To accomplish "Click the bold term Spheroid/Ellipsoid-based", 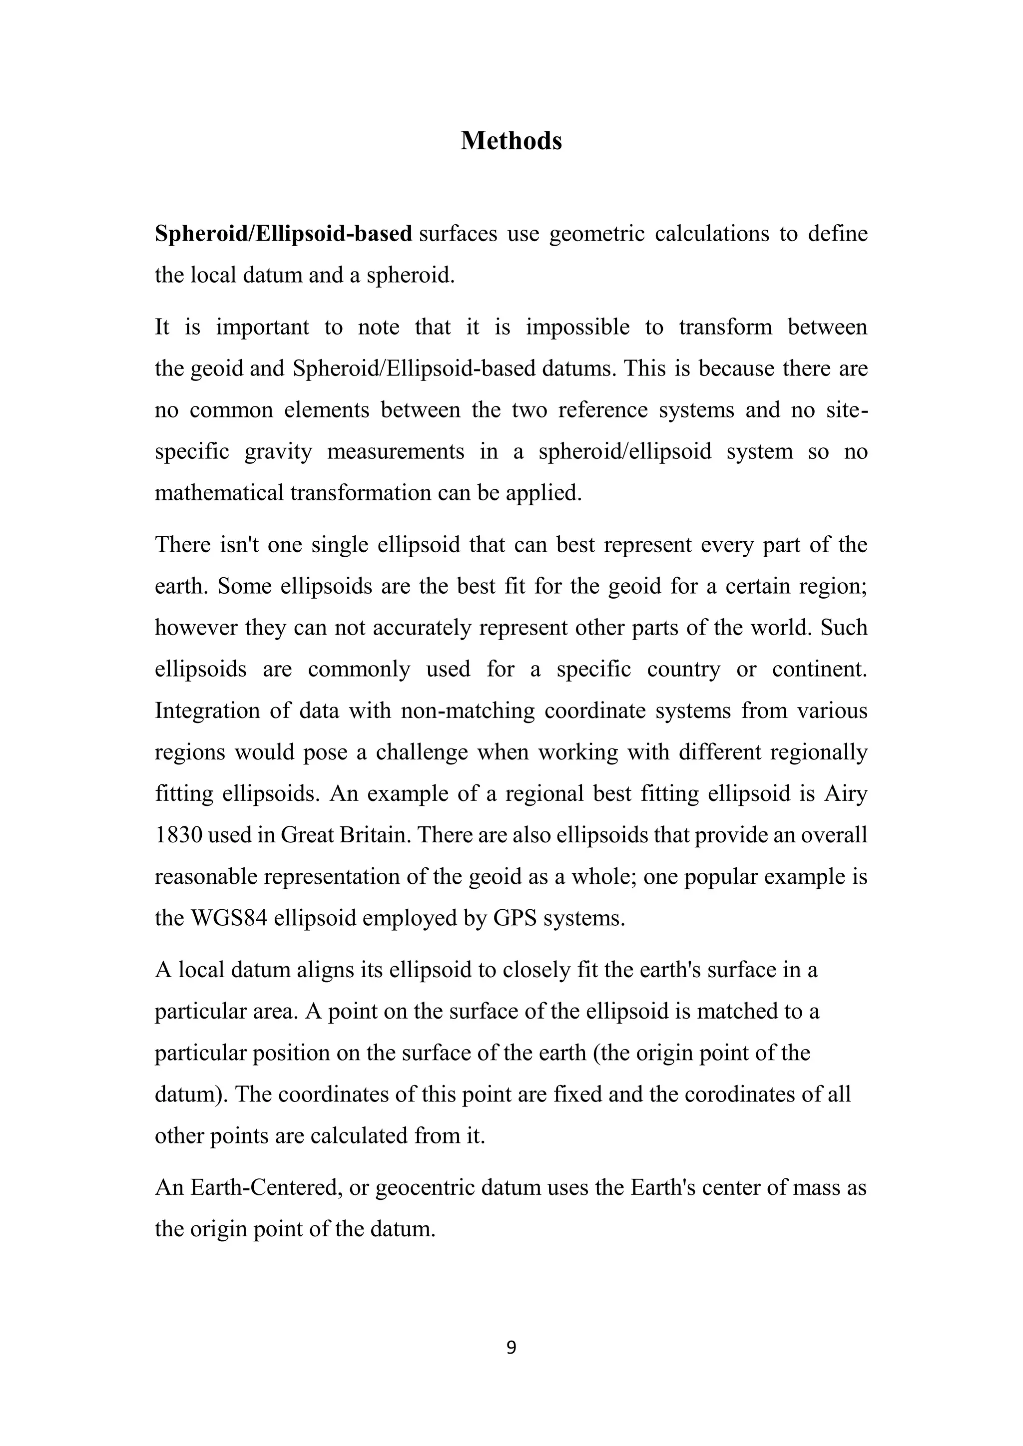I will (x=283, y=234).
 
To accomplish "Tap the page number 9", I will (x=511, y=1347).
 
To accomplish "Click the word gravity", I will (x=278, y=451).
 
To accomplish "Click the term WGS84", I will (x=229, y=918).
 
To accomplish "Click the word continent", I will (x=820, y=669).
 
